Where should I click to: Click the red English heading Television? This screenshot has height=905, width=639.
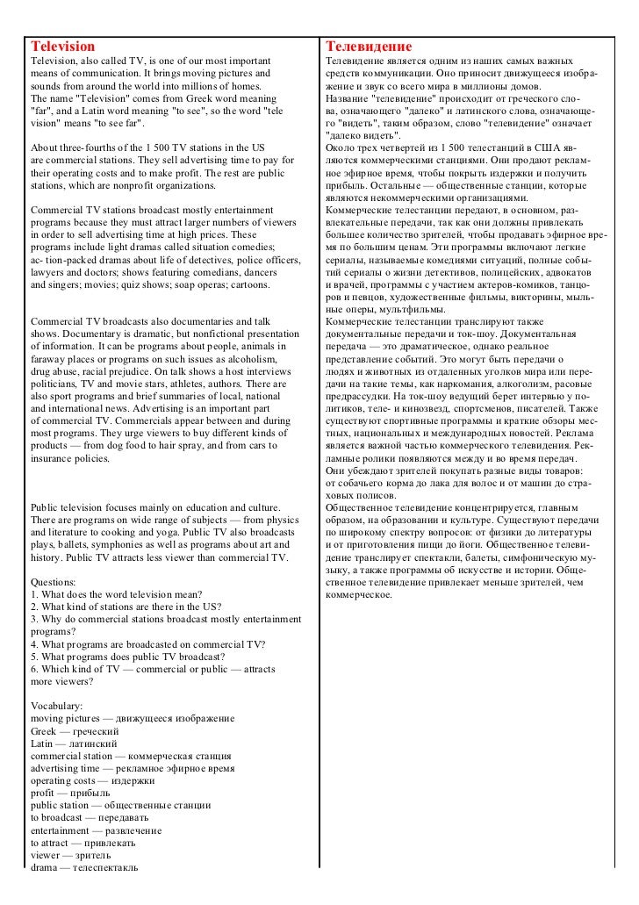click(x=62, y=45)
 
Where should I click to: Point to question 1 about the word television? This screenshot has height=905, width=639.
click(x=117, y=594)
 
